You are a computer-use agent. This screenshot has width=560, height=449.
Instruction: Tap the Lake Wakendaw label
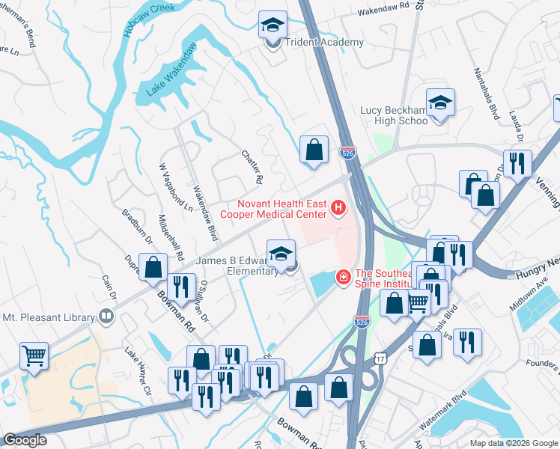(171, 70)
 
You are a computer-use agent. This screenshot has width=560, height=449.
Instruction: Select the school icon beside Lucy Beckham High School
(441, 104)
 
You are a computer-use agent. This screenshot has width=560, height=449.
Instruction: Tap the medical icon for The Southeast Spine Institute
(344, 278)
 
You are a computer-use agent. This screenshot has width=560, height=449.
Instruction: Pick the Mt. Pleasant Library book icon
(107, 317)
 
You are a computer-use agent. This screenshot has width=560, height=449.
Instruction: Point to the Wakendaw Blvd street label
(204, 213)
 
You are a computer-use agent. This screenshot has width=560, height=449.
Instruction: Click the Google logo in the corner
(25, 440)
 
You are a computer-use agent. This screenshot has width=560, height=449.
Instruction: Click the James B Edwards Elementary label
(236, 266)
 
